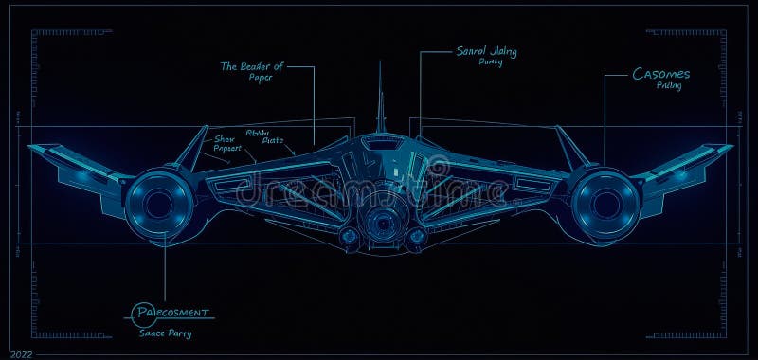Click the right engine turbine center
point(604,202)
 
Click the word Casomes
point(661,73)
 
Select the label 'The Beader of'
point(251,66)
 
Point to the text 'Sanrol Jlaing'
point(487,50)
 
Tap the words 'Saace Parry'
point(164,333)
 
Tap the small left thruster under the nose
point(350,235)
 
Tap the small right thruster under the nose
point(414,235)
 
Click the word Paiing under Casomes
point(669,86)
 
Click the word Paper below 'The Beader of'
point(260,78)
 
